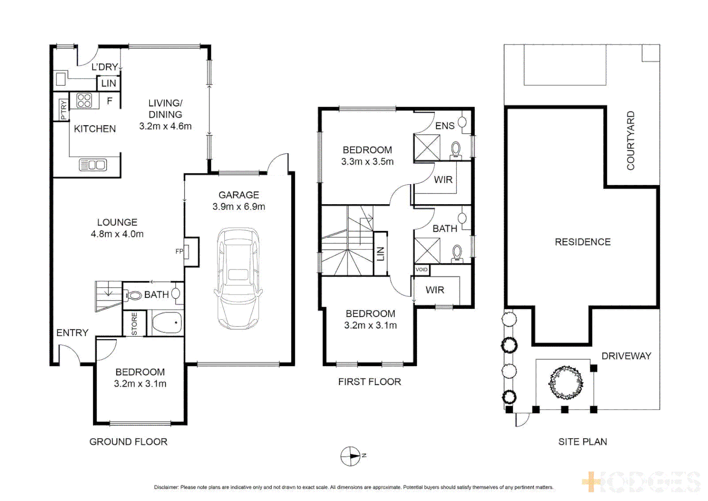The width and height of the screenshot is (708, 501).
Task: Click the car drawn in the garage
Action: pyautogui.click(x=238, y=278)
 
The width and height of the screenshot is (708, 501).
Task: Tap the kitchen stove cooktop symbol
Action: pyautogui.click(x=84, y=101)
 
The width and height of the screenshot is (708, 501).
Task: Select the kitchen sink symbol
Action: pyautogui.click(x=93, y=165)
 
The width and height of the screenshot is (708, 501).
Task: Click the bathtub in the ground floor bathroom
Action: pyautogui.click(x=166, y=322)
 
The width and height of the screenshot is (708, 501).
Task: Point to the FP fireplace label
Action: pyautogui.click(x=179, y=251)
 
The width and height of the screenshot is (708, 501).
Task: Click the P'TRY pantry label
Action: pyautogui.click(x=64, y=110)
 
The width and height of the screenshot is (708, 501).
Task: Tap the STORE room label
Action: pyautogui.click(x=134, y=324)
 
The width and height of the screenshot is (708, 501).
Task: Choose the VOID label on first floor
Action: pyautogui.click(x=421, y=270)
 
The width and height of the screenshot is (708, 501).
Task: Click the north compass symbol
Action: pyautogui.click(x=351, y=456)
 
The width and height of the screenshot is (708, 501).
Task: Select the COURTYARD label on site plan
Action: pyautogui.click(x=631, y=141)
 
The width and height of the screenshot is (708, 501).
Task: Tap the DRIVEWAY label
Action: pyautogui.click(x=626, y=356)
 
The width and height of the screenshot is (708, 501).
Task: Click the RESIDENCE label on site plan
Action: pyautogui.click(x=582, y=242)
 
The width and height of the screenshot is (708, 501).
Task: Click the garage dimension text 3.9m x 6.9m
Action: pyautogui.click(x=239, y=206)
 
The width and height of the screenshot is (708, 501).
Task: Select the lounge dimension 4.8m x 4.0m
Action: pyautogui.click(x=117, y=234)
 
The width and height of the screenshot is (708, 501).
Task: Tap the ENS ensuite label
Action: pyautogui.click(x=445, y=126)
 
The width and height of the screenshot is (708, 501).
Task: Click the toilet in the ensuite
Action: pyautogui.click(x=456, y=150)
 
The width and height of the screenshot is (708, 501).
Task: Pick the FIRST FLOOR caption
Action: pyautogui.click(x=369, y=382)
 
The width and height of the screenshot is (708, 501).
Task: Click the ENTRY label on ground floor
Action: pyautogui.click(x=72, y=333)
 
